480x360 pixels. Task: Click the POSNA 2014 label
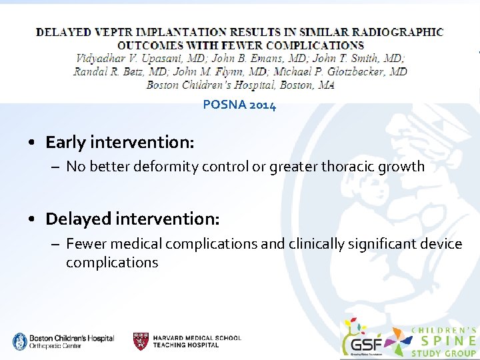point(239,105)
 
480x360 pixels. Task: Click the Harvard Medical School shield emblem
point(141,341)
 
